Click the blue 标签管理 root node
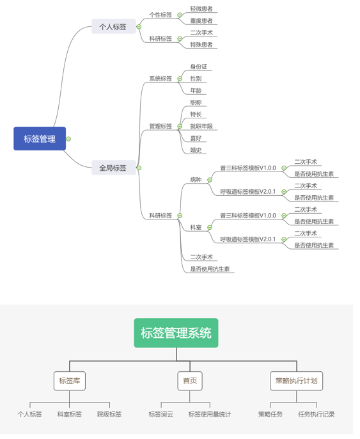[40, 139]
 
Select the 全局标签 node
[114, 168]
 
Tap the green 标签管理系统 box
[176, 333]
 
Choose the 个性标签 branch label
[160, 15]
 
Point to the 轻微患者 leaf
[201, 9]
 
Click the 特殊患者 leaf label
[201, 45]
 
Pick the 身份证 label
[199, 67]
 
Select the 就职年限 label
[201, 126]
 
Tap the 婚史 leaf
[196, 150]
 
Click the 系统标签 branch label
[160, 79]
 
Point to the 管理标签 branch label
[160, 126]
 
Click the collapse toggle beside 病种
[210, 180]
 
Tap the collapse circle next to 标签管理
[68, 139]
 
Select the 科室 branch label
[196, 227]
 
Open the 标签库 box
[70, 381]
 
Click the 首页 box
[190, 381]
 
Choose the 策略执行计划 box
[297, 381]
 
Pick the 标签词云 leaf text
[161, 414]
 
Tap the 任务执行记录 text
[317, 414]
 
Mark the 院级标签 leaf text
[109, 414]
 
